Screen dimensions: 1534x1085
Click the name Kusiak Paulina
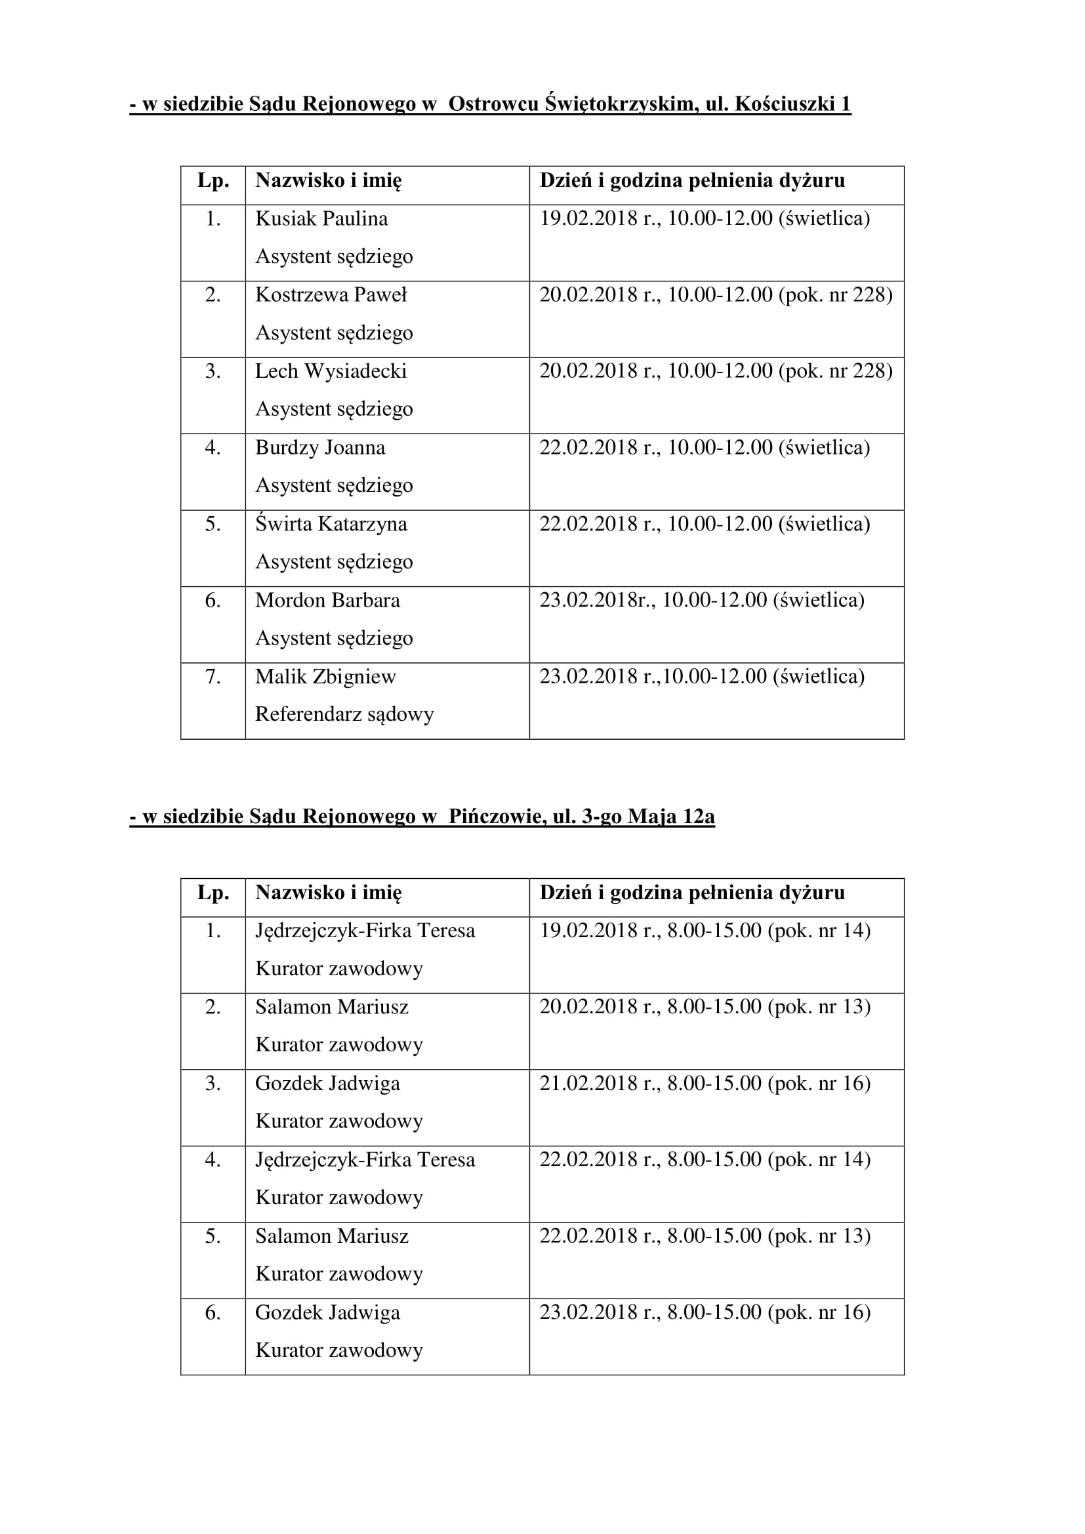pos(321,219)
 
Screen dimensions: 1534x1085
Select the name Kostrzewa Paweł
pos(331,295)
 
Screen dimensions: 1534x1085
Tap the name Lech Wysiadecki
pos(331,371)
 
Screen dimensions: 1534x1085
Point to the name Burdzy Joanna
pos(320,448)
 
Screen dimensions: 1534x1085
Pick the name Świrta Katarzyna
pos(331,524)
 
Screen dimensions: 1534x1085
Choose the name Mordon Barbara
pos(327,600)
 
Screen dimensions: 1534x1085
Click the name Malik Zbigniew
pos(325,677)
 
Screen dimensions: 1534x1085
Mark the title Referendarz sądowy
pos(344,714)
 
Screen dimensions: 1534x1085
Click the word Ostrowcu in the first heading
pos(492,104)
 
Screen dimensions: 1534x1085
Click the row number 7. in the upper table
pos(213,677)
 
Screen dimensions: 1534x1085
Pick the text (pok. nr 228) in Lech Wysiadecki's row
pos(835,371)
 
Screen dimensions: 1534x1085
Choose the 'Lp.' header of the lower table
pos(213,893)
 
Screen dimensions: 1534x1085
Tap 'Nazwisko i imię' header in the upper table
pos(328,181)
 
